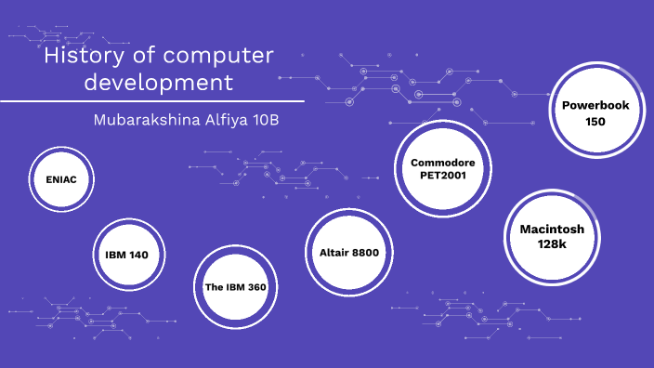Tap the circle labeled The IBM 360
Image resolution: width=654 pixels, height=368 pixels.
pos(235,287)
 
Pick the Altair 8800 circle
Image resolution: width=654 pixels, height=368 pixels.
pos(349,252)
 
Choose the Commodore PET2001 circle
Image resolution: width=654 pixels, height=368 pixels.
pos(442,168)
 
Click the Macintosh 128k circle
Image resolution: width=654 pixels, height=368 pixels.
pos(552,236)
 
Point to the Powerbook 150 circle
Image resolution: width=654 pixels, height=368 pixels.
pos(595,113)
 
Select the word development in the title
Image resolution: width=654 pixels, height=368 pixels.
pos(158,82)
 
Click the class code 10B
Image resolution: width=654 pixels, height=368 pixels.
pos(266,121)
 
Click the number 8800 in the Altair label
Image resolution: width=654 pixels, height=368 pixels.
pos(364,252)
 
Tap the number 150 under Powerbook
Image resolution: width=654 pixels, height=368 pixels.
pos(595,122)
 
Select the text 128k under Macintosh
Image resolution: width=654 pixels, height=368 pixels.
pos(552,243)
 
